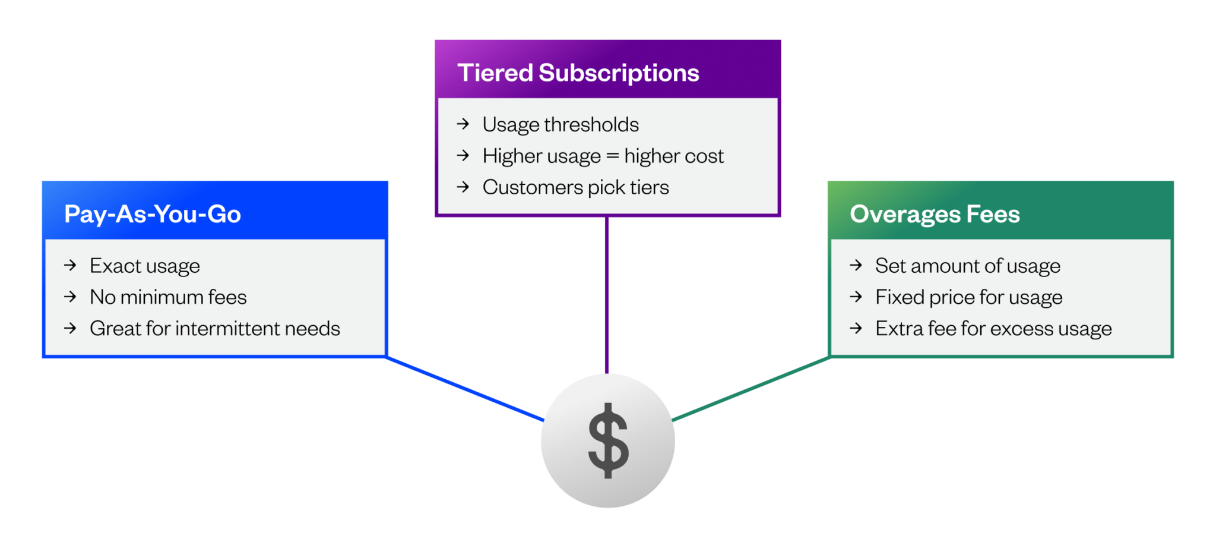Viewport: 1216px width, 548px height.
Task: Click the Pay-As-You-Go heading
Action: [x=153, y=214]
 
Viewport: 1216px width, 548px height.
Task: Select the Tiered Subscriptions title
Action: [x=578, y=73]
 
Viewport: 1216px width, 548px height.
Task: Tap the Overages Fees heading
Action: [x=935, y=214]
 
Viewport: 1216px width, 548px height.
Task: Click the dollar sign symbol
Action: [x=608, y=440]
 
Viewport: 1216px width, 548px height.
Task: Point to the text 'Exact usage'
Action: [x=145, y=266]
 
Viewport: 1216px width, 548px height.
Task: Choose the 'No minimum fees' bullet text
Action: [x=168, y=297]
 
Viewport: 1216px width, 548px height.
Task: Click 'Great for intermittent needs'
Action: [x=215, y=329]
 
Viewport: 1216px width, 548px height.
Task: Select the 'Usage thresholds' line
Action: [x=560, y=125]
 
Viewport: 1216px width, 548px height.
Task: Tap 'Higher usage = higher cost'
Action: [x=603, y=156]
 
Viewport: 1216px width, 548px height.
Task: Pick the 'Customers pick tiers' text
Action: [x=575, y=188]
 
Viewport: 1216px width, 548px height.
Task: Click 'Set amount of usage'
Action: [x=968, y=266]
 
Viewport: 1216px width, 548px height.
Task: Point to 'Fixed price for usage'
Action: [x=969, y=297]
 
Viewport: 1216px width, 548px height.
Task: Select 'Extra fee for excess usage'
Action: [x=993, y=329]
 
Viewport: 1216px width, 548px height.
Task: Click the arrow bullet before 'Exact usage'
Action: [x=71, y=265]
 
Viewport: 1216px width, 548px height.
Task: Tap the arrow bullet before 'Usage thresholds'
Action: [x=463, y=124]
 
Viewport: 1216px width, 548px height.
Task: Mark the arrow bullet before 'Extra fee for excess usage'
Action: [x=856, y=328]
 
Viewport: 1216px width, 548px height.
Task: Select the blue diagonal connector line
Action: [x=465, y=389]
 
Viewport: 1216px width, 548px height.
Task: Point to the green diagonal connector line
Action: [x=751, y=389]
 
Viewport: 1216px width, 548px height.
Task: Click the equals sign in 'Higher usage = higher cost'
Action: [x=612, y=156]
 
